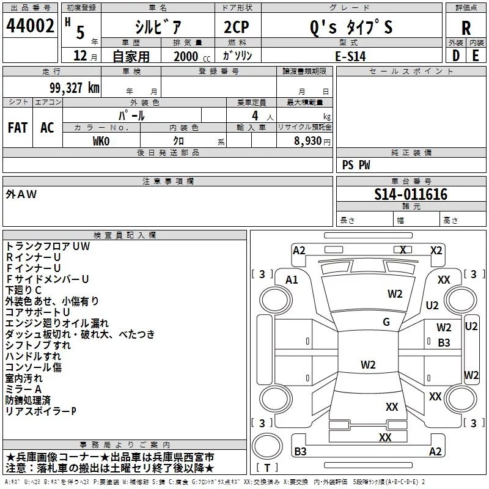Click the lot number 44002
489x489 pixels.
(x=30, y=27)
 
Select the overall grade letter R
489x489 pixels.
(x=466, y=28)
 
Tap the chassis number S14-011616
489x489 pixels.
(x=411, y=195)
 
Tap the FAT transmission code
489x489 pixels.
(x=17, y=128)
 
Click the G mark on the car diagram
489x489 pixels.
(x=386, y=322)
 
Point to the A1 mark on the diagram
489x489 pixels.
(x=292, y=280)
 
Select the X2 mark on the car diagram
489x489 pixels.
(x=436, y=250)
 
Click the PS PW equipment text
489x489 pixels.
(x=356, y=165)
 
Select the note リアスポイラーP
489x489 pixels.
(x=41, y=411)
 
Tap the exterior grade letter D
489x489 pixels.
(x=455, y=56)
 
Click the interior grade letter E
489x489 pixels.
(x=476, y=56)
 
